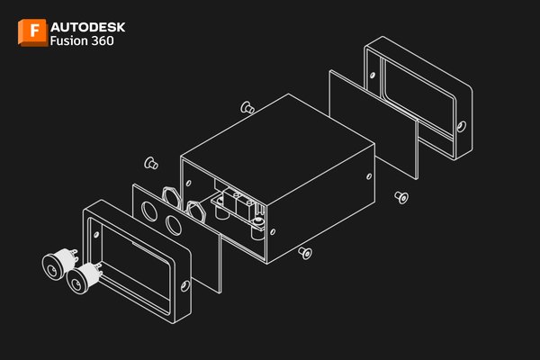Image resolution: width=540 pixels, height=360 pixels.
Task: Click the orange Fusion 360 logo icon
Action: click(x=32, y=32)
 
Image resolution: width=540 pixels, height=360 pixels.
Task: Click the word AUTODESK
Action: click(x=88, y=27)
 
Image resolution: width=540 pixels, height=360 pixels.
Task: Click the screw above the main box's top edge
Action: click(x=247, y=107)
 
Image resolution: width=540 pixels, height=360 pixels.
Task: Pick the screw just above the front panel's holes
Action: click(x=151, y=163)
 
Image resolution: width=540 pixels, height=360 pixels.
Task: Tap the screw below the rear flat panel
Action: click(x=401, y=197)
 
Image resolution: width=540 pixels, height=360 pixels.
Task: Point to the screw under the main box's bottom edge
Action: click(x=305, y=253)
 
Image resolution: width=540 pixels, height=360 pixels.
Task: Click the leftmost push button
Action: click(x=59, y=263)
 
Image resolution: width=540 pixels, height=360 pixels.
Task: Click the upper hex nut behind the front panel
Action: click(x=171, y=197)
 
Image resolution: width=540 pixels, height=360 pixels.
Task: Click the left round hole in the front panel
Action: click(x=149, y=211)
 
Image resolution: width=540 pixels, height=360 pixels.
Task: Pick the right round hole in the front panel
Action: click(x=173, y=225)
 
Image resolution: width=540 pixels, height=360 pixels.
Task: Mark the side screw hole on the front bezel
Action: click(x=185, y=285)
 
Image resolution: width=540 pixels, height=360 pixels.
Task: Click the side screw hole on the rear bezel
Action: click(x=462, y=126)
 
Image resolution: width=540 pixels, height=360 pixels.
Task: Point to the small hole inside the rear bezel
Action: click(x=373, y=75)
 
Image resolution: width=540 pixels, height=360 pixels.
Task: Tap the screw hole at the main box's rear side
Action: click(x=369, y=176)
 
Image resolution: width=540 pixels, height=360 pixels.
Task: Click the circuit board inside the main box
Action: click(x=237, y=204)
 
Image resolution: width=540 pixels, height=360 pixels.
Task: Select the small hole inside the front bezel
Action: click(x=97, y=235)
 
